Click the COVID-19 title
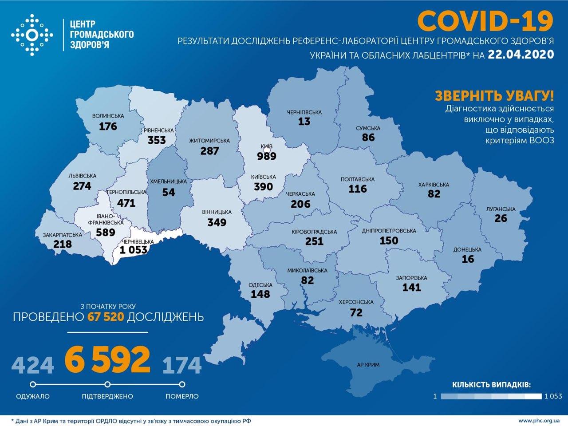point(485,21)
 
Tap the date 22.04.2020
point(521,54)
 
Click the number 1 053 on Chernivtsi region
point(133,250)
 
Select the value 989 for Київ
point(266,156)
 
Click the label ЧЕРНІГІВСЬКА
point(304,112)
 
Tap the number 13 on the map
point(304,122)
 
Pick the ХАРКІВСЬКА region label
point(434,185)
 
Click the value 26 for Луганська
point(501,218)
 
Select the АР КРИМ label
point(368,365)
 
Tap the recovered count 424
point(33,365)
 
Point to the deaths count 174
point(182,365)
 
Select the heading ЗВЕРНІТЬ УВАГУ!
point(494,95)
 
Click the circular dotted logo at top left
point(32,35)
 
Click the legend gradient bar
point(491,396)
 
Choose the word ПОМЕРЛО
point(182,396)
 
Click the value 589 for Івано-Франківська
point(106,232)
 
